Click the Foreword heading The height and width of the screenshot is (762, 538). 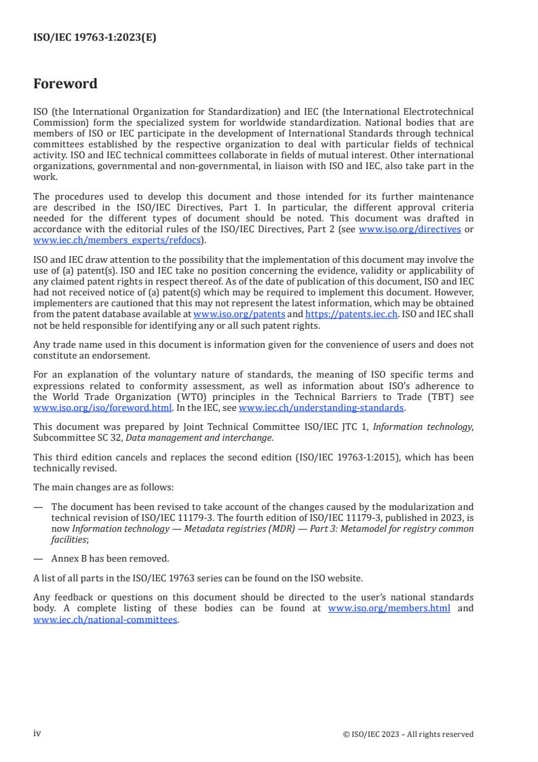coord(65,84)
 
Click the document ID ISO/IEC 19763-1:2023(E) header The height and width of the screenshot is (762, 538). coord(94,38)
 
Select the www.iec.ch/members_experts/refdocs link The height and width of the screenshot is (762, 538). coord(118,240)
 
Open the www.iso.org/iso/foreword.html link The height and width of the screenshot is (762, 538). coord(102,408)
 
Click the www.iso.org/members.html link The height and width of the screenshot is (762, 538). coord(389,609)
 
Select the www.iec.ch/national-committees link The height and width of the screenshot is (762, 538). coord(105,619)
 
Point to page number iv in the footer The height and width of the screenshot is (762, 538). coord(37,733)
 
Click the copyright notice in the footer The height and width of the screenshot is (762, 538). coord(408,734)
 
